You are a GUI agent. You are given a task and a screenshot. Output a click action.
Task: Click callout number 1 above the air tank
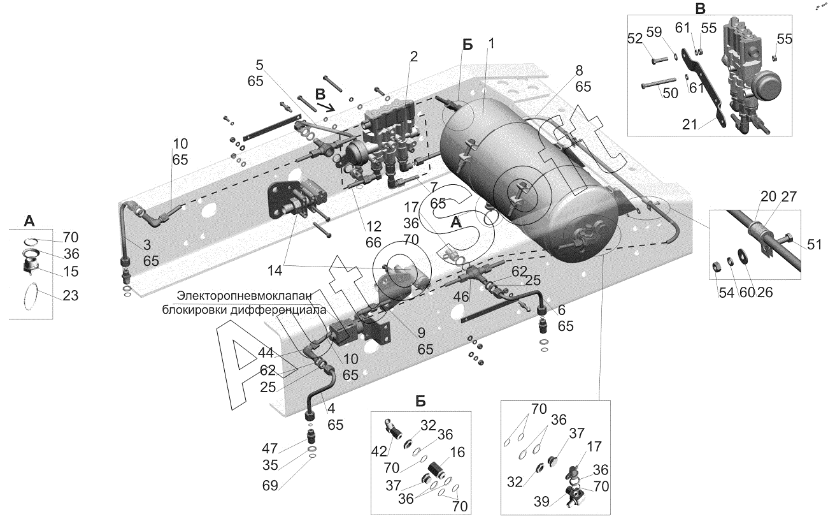pos(491,44)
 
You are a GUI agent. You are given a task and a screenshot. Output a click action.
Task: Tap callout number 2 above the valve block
pos(413,57)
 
